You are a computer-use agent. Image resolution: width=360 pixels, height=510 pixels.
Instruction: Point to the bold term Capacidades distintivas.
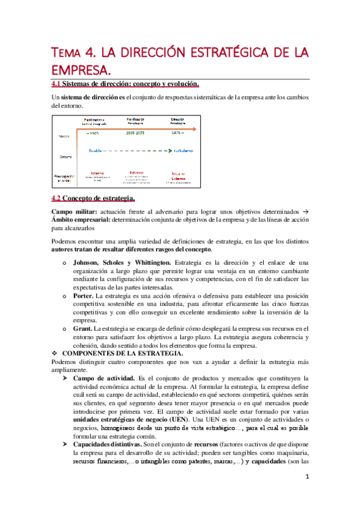tap(109, 443)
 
